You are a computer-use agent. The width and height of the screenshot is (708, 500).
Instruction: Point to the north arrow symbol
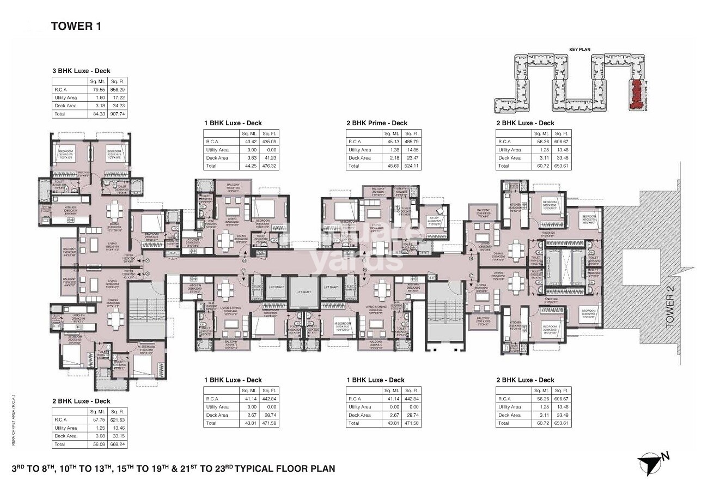point(650,462)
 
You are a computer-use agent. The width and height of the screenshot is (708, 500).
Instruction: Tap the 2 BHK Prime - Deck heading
point(376,123)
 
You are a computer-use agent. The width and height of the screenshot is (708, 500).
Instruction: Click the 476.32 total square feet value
point(269,166)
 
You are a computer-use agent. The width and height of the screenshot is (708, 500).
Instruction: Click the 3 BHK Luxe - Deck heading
point(81,70)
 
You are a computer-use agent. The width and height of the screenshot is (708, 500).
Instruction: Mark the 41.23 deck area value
point(269,157)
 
